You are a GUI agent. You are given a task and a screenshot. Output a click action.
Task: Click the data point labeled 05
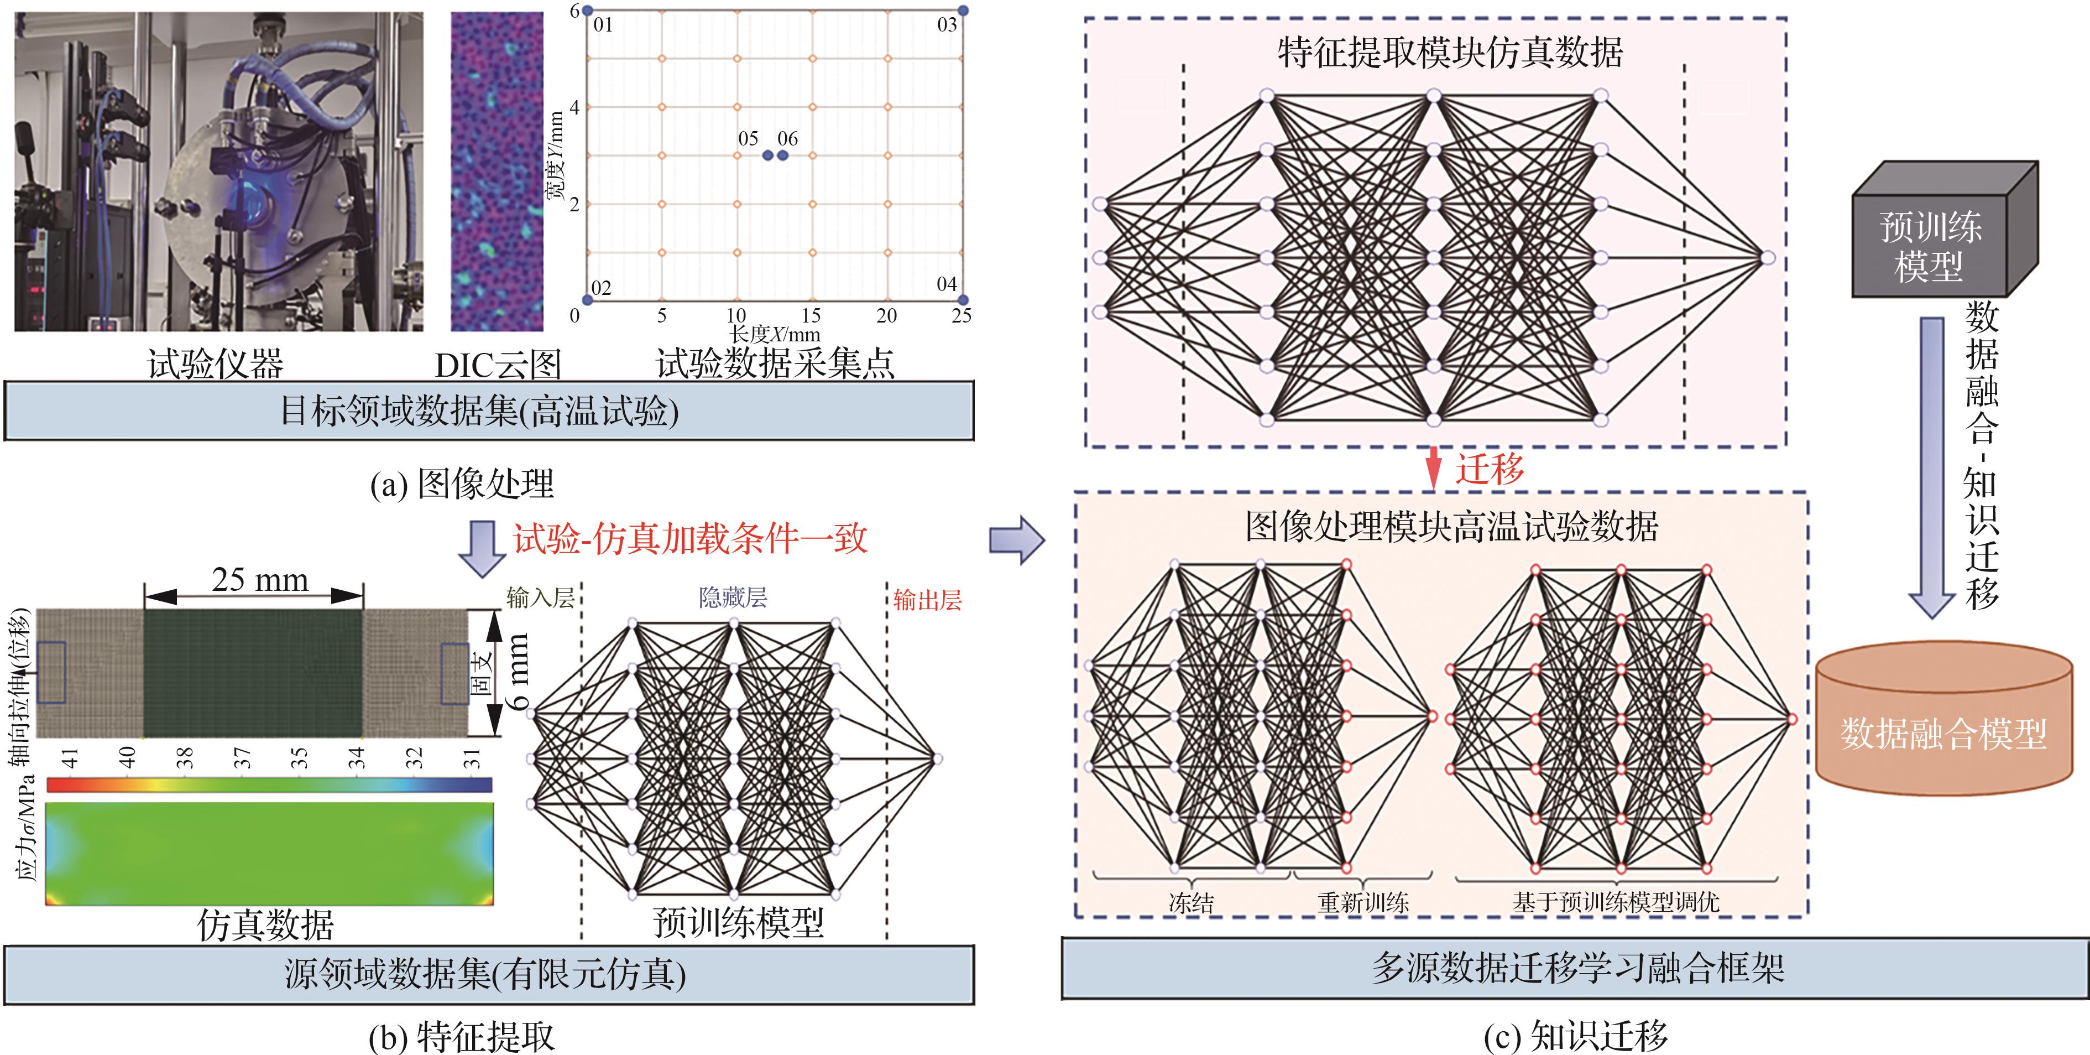767,155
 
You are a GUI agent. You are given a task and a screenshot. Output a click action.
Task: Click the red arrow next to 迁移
1434,468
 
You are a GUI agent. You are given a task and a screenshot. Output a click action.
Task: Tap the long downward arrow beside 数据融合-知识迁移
1932,466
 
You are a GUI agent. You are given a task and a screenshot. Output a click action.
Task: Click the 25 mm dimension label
260,579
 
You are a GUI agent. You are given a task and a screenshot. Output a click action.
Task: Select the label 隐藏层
733,598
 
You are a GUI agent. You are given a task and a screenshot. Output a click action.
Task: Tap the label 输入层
540,598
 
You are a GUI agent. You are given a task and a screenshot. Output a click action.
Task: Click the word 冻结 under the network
1191,902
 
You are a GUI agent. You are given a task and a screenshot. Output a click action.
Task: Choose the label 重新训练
1363,902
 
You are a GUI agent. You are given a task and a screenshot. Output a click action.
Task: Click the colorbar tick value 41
70,758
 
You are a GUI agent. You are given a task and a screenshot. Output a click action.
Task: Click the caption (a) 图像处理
462,485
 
